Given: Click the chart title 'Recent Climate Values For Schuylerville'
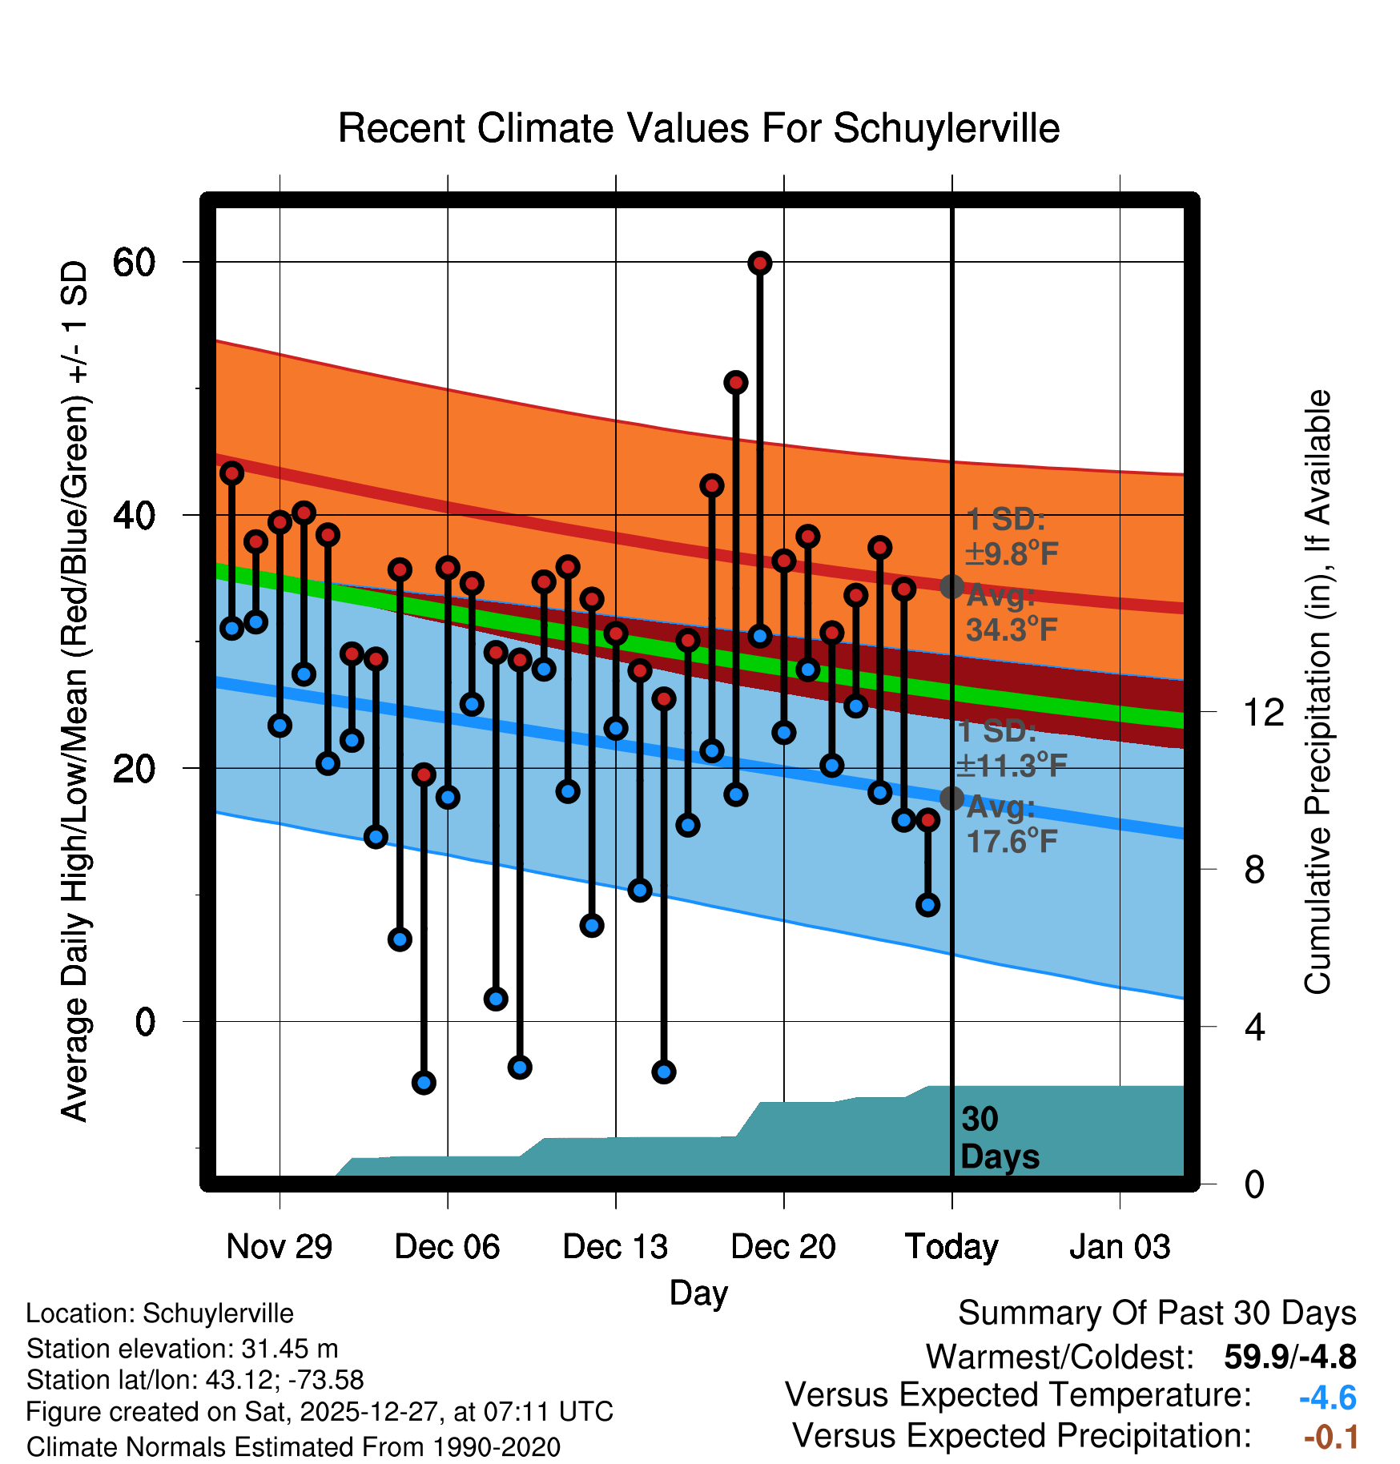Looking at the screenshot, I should click(x=698, y=128).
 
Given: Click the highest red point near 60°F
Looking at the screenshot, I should click(x=759, y=263).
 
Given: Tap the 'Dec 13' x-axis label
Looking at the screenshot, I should click(x=614, y=1247).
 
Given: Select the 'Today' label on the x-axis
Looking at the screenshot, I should click(x=951, y=1247).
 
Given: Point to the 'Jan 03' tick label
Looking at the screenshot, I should click(x=1119, y=1247).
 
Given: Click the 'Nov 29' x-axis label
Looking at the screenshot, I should click(x=279, y=1247).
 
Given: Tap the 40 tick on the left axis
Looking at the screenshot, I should click(x=134, y=515).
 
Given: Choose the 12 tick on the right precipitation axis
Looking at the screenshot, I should click(x=1263, y=712).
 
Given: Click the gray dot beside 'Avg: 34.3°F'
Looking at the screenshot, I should click(x=951, y=587).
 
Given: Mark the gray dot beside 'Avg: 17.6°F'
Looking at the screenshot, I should click(x=951, y=798).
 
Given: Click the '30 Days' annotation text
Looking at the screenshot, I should click(x=999, y=1138).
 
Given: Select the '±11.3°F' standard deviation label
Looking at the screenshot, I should click(x=1012, y=766).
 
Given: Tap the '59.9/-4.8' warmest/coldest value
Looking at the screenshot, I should click(x=1289, y=1357).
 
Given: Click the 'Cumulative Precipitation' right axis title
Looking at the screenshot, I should click(x=1318, y=692).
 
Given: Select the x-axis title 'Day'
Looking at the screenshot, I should click(x=698, y=1293).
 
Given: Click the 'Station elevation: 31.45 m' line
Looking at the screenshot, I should click(x=182, y=1349).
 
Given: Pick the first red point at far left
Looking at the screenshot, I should click(x=231, y=473).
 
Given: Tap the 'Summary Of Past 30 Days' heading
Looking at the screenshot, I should click(x=1157, y=1313).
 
